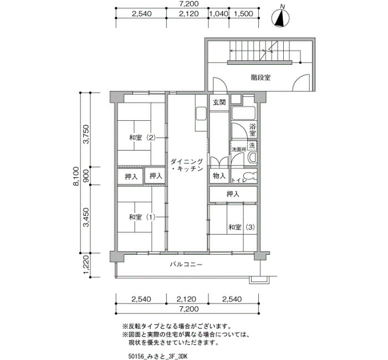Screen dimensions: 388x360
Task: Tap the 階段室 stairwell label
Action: (261, 78)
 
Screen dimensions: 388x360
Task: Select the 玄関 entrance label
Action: (219, 102)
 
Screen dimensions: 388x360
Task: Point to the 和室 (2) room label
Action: (142, 137)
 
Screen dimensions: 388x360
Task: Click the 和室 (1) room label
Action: (142, 217)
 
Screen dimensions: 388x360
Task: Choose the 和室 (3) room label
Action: (242, 227)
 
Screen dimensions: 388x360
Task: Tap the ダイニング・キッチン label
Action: (187, 165)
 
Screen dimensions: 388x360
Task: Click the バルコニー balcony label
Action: (186, 265)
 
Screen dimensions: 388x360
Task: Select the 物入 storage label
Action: (219, 176)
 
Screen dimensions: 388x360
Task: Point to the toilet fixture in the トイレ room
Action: (251, 176)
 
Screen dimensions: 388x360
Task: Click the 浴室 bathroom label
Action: (252, 130)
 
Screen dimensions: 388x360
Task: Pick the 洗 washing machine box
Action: (252, 145)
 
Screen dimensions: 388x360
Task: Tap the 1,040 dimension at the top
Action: (219, 14)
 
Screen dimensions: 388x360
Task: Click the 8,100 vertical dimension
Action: (76, 176)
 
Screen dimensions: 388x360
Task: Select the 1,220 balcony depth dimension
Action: (86, 265)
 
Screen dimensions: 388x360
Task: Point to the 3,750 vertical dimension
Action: (86, 134)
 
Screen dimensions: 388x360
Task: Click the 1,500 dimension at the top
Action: (243, 14)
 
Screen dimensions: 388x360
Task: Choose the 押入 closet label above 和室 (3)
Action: (233, 194)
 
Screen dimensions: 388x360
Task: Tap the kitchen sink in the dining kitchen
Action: (201, 113)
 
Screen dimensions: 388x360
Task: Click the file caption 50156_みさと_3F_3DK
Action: (158, 356)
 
